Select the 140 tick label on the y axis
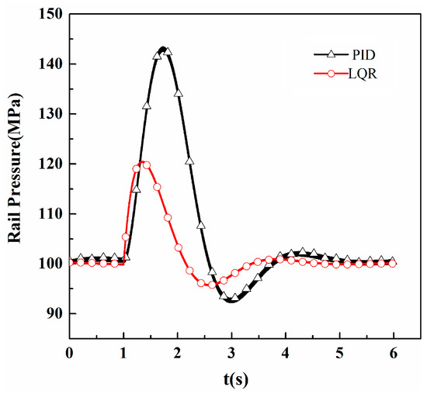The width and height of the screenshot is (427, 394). [51, 64]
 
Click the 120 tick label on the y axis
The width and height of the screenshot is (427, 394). [51, 164]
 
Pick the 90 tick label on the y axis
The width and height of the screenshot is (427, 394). [54, 313]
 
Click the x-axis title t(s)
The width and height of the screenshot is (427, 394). [231, 381]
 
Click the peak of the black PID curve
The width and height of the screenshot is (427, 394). [163, 48]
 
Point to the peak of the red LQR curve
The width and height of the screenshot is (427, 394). [143, 164]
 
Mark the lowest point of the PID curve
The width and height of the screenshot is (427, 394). [231, 300]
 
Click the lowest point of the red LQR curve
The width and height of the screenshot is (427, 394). [210, 285]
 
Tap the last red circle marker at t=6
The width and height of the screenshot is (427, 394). [393, 264]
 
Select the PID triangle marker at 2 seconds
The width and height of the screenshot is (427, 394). [178, 93]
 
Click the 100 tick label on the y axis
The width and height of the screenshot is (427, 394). [51, 264]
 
